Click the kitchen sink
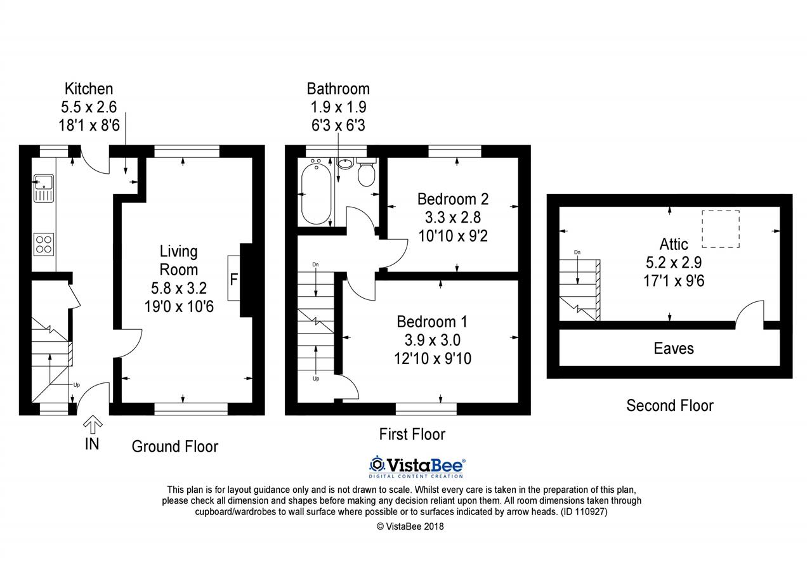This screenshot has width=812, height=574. pos(44,188)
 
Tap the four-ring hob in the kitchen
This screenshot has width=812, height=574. pos(44,244)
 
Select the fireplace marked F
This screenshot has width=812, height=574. pos(234,278)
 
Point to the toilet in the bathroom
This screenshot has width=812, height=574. pos(367,172)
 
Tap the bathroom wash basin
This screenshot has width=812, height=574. pos(346,164)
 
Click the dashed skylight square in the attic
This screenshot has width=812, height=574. pos(721,230)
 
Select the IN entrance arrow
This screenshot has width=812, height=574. pos(93,425)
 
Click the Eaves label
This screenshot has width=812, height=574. pos(674,349)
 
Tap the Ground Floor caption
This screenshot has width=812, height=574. pos(175,447)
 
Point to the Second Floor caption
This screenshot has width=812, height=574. pos(670,405)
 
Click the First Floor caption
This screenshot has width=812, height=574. pos(412,434)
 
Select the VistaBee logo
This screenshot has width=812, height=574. pos(417,467)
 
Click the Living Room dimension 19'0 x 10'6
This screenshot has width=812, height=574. pos(179,306)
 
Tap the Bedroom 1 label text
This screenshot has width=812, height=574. pos(432,322)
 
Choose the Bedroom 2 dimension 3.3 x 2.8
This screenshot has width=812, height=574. pos(453,218)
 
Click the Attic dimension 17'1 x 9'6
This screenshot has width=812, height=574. pos(674,281)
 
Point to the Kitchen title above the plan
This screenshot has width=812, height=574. pos(89,89)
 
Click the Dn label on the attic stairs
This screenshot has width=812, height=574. pos(577,252)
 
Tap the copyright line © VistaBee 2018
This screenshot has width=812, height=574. pos(410,526)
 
